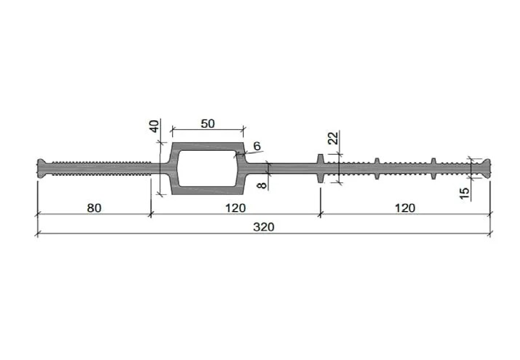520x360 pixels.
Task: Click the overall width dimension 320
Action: pyautogui.click(x=264, y=227)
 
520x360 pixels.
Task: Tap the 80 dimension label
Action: pyautogui.click(x=94, y=208)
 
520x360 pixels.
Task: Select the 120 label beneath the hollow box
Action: pyautogui.click(x=235, y=208)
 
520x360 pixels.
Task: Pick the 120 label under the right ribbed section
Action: pyautogui.click(x=405, y=208)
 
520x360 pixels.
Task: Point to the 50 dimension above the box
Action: pyautogui.click(x=208, y=124)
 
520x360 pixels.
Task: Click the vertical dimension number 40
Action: pyautogui.click(x=155, y=126)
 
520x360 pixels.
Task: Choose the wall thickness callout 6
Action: pyautogui.click(x=257, y=146)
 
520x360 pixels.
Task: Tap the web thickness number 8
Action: pyautogui.click(x=262, y=185)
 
